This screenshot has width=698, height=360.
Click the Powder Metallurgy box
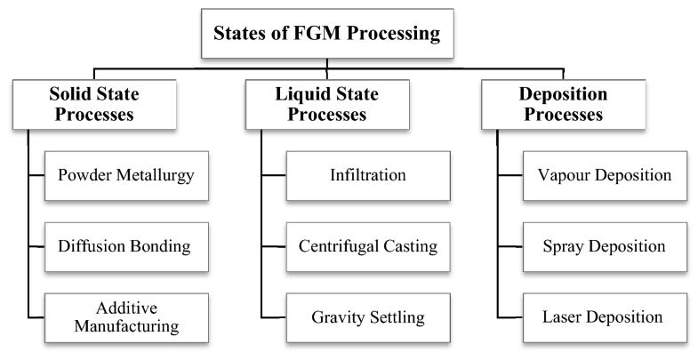coord(126,175)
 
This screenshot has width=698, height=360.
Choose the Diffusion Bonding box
coord(126,244)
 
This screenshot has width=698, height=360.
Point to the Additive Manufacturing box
coord(126,317)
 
